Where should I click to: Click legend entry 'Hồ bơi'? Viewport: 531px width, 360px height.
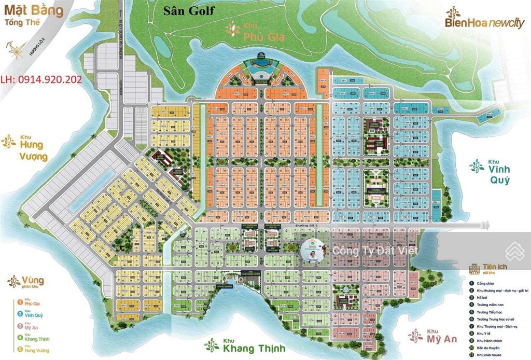486,298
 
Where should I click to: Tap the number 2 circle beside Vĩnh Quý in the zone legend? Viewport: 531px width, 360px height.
20,313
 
